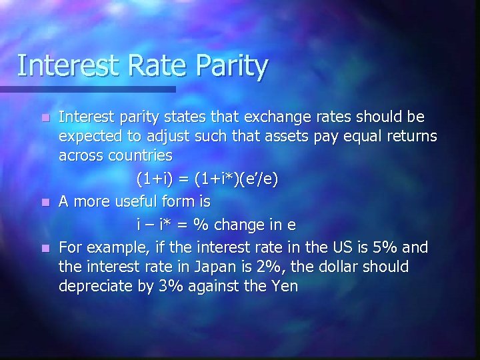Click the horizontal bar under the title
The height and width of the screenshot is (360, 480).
coord(87,89)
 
